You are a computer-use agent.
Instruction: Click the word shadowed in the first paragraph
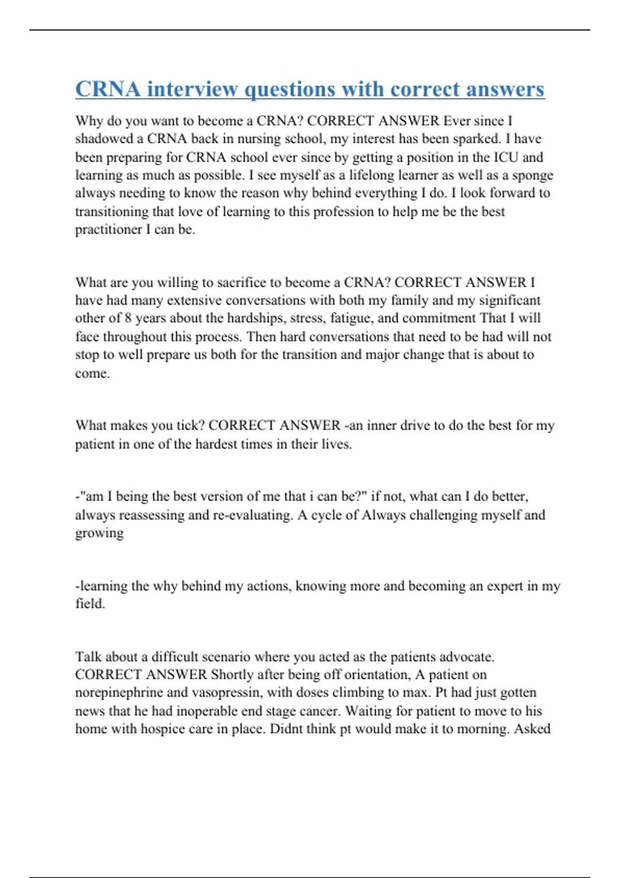pyautogui.click(x=104, y=139)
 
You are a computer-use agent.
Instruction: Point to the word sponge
pyautogui.click(x=532, y=176)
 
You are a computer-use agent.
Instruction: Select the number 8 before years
pyautogui.click(x=128, y=319)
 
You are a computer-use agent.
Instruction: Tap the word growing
pyautogui.click(x=99, y=534)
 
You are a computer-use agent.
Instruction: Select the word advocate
pyautogui.click(x=467, y=657)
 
